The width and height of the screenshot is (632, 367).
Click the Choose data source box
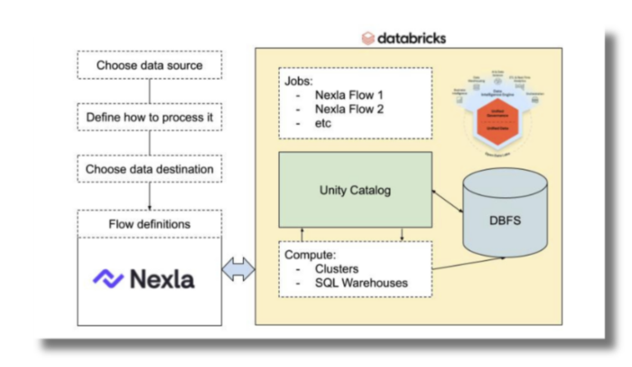coord(150,65)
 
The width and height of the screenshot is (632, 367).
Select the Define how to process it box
coord(150,118)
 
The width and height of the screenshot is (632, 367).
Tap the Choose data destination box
coord(150,169)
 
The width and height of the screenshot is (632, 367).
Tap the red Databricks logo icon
coord(368,38)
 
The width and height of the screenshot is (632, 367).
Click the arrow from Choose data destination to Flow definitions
coord(149,196)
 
